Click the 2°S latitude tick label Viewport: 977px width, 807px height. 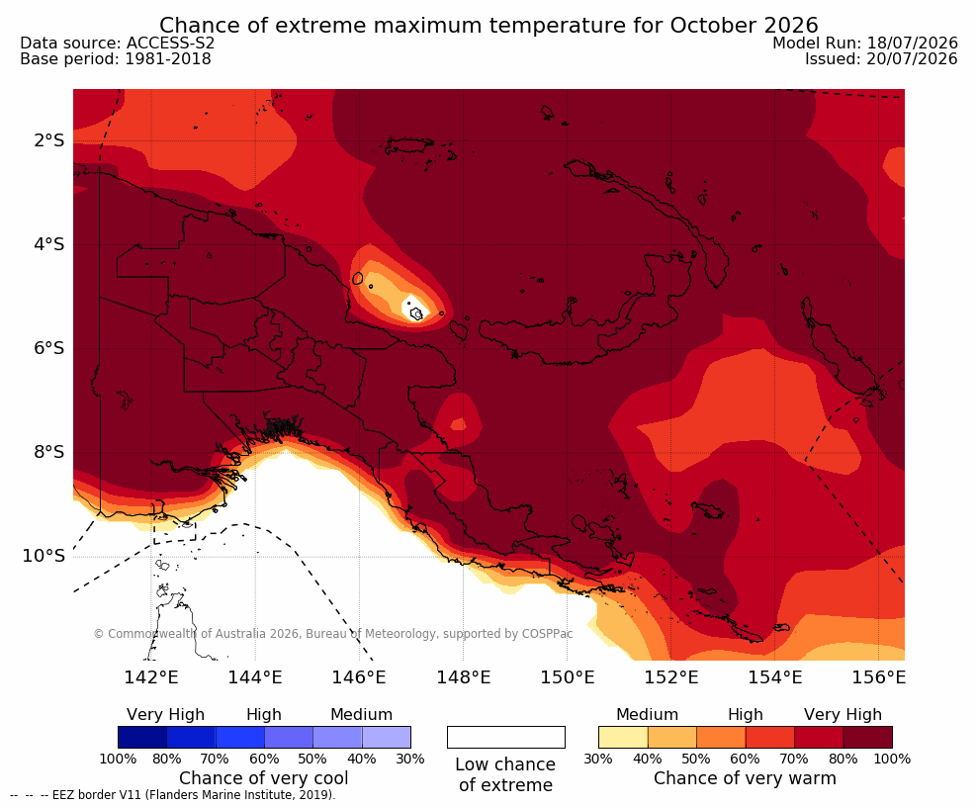48,140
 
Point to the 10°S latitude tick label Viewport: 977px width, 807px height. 44,555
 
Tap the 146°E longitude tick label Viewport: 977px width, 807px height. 359,676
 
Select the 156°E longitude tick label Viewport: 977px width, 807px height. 878,676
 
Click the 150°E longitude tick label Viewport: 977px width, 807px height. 567,676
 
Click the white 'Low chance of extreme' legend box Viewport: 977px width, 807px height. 506,737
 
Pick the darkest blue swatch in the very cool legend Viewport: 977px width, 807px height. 142,737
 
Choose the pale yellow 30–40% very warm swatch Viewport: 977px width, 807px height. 623,737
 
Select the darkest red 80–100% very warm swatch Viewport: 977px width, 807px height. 868,737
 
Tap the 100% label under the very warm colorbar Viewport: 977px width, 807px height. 892,759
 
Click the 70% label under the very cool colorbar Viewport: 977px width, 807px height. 215,759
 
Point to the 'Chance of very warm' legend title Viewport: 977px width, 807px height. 745,778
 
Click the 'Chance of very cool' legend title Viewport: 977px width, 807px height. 264,778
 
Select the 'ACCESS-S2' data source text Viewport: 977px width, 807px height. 170,43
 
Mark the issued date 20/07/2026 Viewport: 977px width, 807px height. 912,59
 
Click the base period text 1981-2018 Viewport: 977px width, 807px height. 168,59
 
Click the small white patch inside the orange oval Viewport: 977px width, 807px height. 414,309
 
